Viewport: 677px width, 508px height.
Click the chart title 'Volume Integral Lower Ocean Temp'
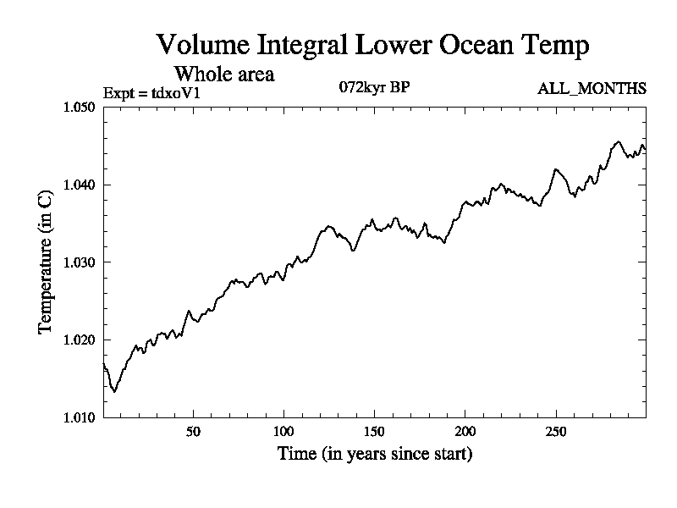point(372,45)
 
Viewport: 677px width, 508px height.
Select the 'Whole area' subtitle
point(223,74)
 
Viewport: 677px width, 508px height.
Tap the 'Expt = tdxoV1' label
point(151,92)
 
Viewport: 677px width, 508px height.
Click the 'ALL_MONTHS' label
point(592,88)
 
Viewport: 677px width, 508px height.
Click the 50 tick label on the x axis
point(193,431)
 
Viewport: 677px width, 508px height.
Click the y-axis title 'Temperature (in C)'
point(46,262)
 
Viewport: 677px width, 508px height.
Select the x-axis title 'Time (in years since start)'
point(375,454)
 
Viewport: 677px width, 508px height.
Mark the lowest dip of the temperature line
point(114,391)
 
